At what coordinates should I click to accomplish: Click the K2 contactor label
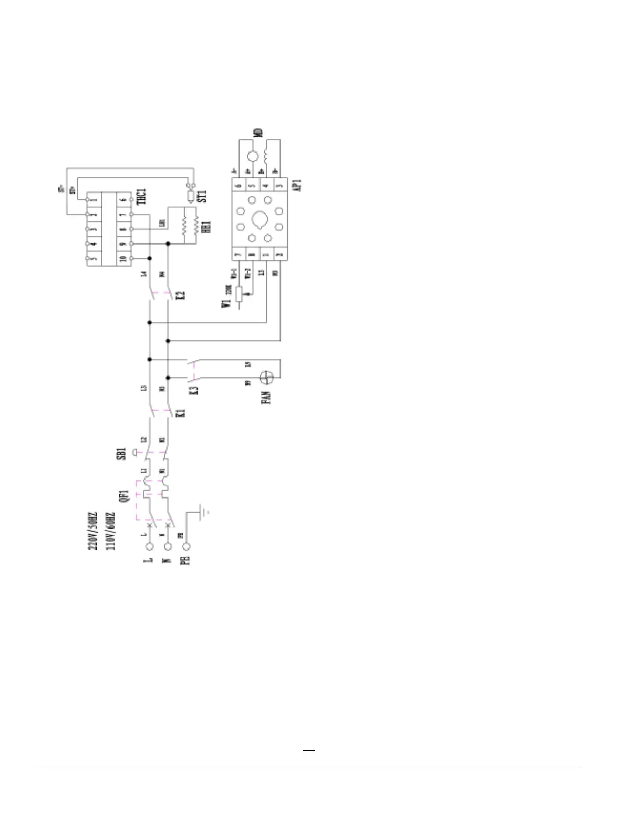coord(181,294)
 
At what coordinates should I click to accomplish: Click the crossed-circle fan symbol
coord(267,377)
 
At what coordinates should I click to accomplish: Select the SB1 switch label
coord(121,453)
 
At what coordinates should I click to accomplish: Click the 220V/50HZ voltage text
coord(92,531)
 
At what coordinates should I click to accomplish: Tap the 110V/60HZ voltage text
coord(110,531)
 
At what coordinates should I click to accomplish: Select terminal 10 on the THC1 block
coord(123,259)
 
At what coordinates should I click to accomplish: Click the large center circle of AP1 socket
coord(260,219)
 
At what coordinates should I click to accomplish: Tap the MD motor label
coord(258,133)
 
